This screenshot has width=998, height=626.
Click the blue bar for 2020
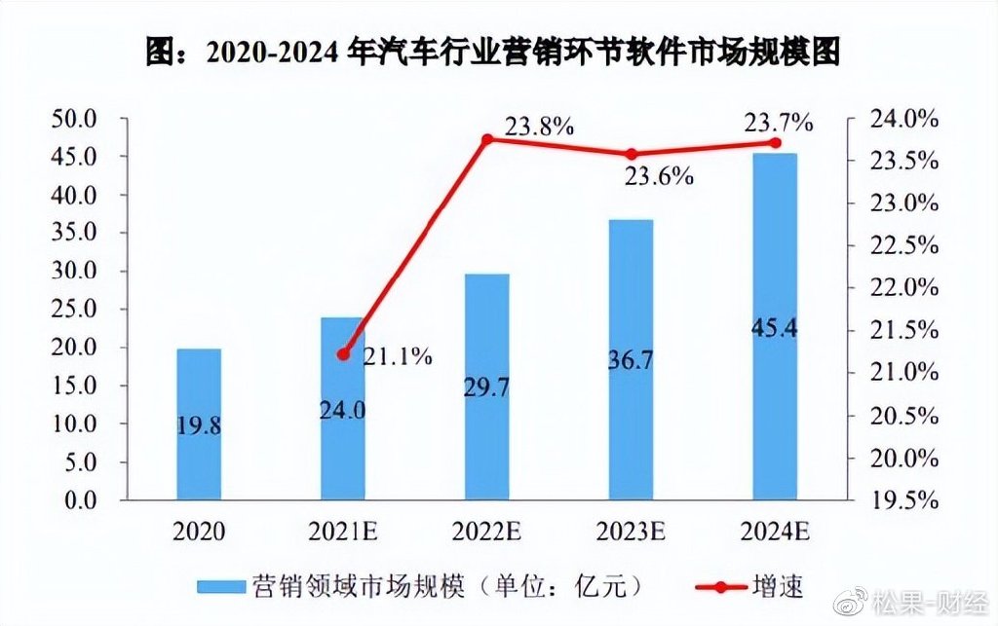tap(199, 424)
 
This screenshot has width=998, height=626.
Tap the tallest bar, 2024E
tap(775, 327)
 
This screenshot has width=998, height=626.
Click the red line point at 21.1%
tap(342, 354)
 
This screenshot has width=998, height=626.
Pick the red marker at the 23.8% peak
tap(487, 139)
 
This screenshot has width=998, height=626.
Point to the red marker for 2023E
tap(631, 154)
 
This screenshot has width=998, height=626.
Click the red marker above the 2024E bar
tap(776, 142)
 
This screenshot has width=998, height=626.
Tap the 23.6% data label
tap(659, 176)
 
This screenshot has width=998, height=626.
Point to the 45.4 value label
tap(775, 328)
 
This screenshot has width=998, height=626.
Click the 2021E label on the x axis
tap(343, 532)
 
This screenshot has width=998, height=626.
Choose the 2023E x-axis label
tap(631, 532)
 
